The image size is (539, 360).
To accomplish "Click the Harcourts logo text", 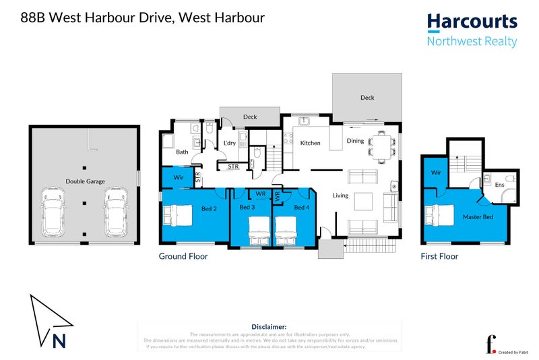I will click(472, 22).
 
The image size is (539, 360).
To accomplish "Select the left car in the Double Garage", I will click(52, 212).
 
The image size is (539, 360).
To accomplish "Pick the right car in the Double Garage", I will click(115, 212).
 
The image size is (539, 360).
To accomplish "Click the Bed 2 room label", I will click(209, 208).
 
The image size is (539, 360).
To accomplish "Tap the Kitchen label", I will click(311, 143).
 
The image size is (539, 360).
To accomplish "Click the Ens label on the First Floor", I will click(499, 184).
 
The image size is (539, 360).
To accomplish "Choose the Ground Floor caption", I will click(183, 256).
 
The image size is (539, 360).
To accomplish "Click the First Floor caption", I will click(439, 256).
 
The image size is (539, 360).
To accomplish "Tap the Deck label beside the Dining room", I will click(367, 98).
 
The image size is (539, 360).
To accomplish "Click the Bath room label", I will click(182, 152).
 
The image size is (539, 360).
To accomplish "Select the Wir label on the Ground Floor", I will click(179, 178).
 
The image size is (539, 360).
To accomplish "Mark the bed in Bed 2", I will click(177, 216).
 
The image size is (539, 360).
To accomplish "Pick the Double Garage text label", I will click(85, 181).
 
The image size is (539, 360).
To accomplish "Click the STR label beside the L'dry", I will click(233, 166).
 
